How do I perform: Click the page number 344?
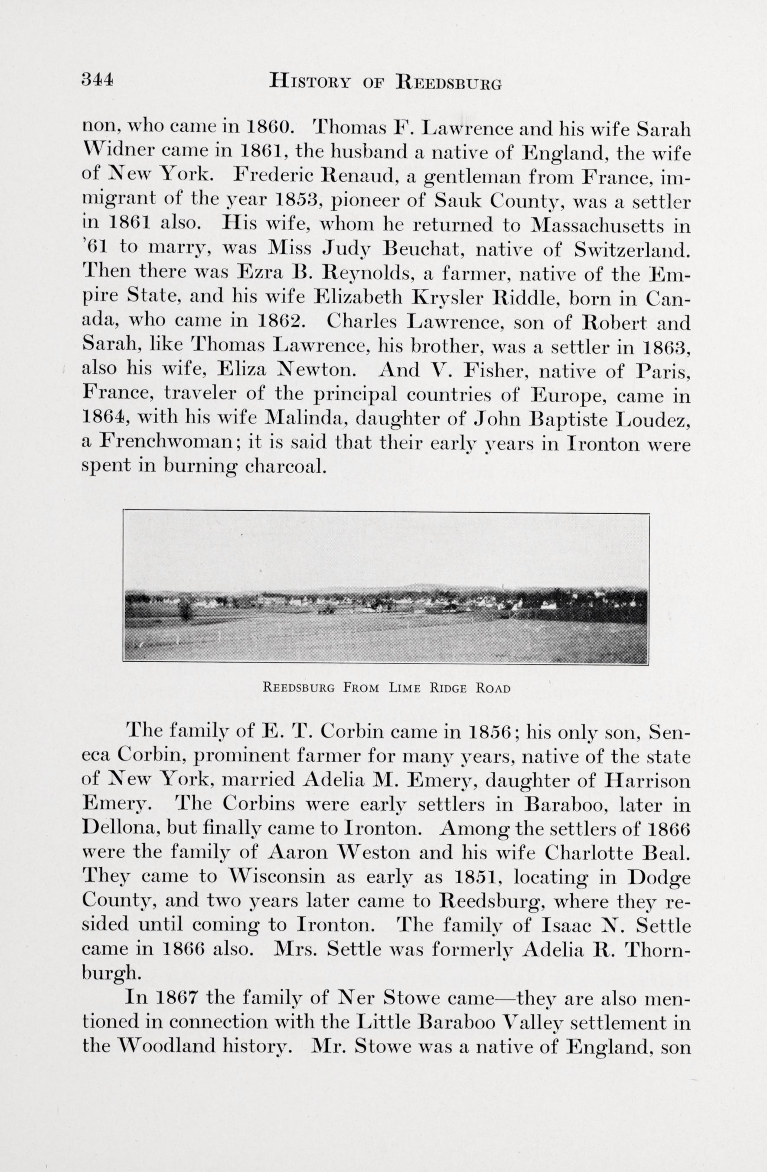tap(98, 79)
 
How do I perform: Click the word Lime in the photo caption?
tap(404, 689)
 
